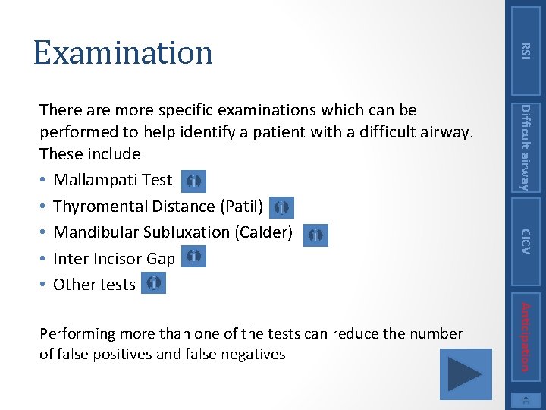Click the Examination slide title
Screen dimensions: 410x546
[123, 52]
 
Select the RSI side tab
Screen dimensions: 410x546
[526, 50]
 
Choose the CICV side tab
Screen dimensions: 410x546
[526, 241]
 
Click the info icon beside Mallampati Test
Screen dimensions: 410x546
[193, 181]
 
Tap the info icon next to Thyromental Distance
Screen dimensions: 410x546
[281, 207]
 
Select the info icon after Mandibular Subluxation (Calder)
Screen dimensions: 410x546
[316, 235]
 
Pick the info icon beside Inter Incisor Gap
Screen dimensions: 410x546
[193, 257]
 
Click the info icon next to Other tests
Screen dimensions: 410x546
[153, 283]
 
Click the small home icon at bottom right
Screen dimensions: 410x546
[526, 400]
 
